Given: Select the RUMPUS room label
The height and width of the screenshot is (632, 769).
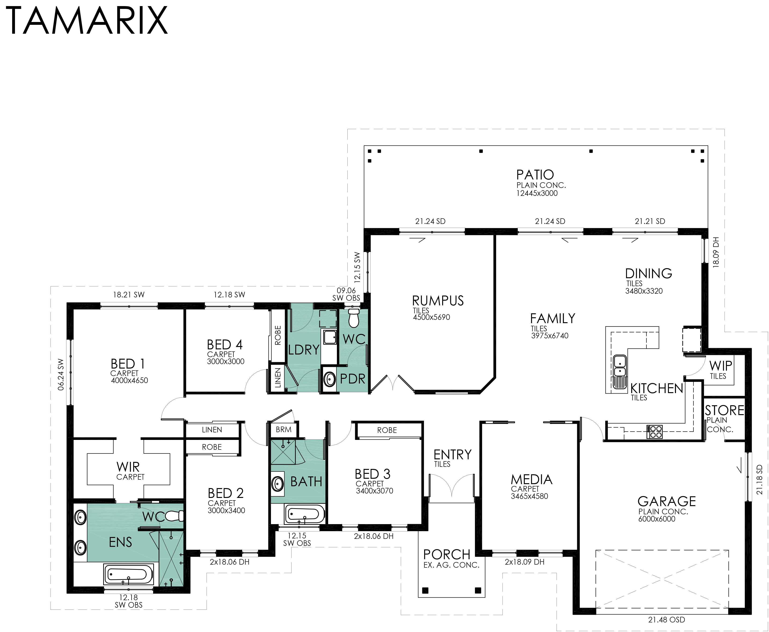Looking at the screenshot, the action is click(x=438, y=301).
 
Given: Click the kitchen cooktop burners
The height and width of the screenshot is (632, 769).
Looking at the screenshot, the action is click(x=655, y=432).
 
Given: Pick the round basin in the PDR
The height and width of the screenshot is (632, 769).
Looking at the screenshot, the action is click(x=330, y=379).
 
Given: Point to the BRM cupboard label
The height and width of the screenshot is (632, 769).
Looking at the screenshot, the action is click(x=284, y=430).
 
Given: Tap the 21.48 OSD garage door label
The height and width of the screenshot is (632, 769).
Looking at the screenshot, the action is click(x=666, y=619).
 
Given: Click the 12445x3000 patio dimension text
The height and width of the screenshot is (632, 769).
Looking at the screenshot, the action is click(x=537, y=193).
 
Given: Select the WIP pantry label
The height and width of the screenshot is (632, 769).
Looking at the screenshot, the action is click(x=721, y=365).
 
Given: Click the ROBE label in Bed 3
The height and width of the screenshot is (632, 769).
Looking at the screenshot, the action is click(x=387, y=430).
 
